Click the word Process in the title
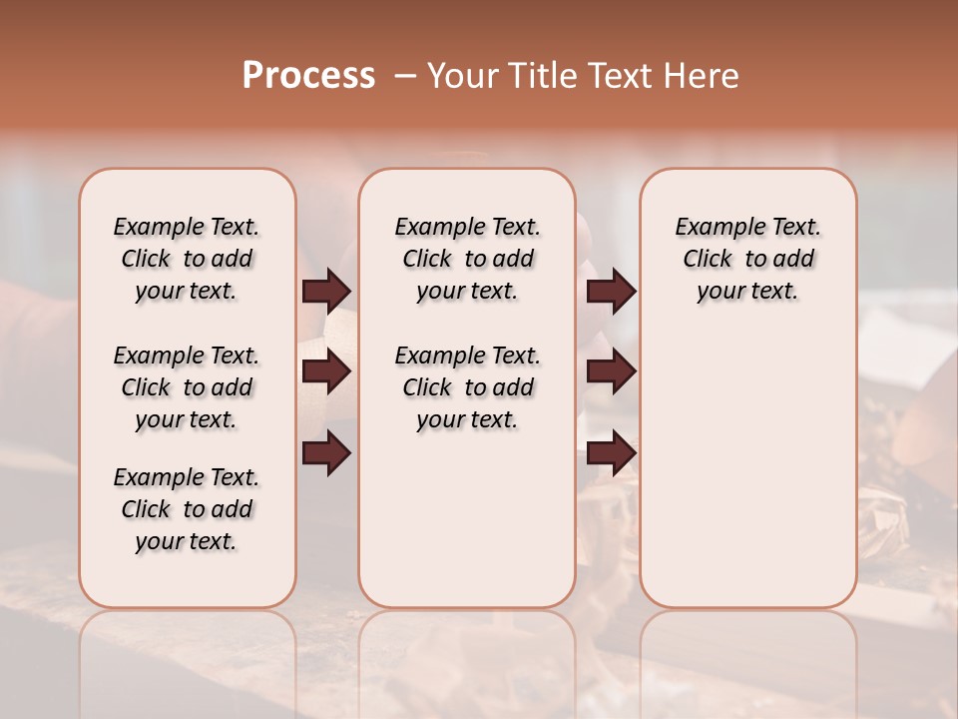click(x=308, y=75)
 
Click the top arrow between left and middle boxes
click(x=326, y=291)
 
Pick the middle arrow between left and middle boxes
click(x=326, y=371)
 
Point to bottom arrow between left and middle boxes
click(x=326, y=452)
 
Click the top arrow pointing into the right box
click(x=611, y=291)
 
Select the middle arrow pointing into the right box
click(x=611, y=371)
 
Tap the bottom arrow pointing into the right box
click(x=611, y=452)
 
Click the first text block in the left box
click(x=187, y=259)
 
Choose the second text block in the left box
click(x=187, y=387)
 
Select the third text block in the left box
click(x=187, y=509)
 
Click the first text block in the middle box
click(x=467, y=259)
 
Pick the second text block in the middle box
click(x=467, y=387)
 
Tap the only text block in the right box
click(x=747, y=259)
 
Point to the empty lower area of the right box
click(x=747, y=459)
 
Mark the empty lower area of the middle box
click(x=467, y=519)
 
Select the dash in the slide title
click(x=404, y=76)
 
